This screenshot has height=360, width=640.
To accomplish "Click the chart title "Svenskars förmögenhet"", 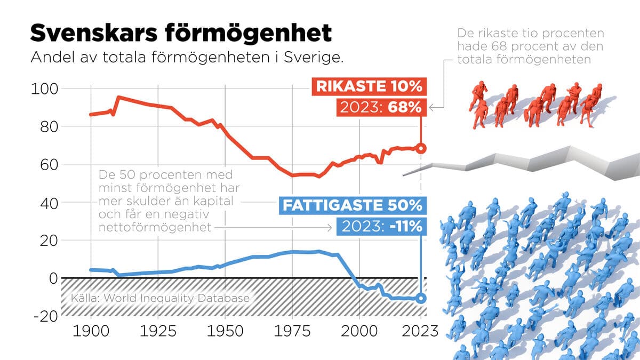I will pos(181,33).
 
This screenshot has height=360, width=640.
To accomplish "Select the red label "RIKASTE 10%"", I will pos(369,86).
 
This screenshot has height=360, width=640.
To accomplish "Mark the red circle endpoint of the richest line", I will pos(421,148).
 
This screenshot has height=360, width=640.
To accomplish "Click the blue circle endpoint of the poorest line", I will pos(421,299).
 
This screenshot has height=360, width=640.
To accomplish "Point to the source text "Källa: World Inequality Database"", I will pos(160,298).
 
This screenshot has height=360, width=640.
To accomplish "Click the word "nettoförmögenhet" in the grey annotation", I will pos(154,228).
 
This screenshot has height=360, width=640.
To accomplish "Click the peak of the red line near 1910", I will pos(118,97).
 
